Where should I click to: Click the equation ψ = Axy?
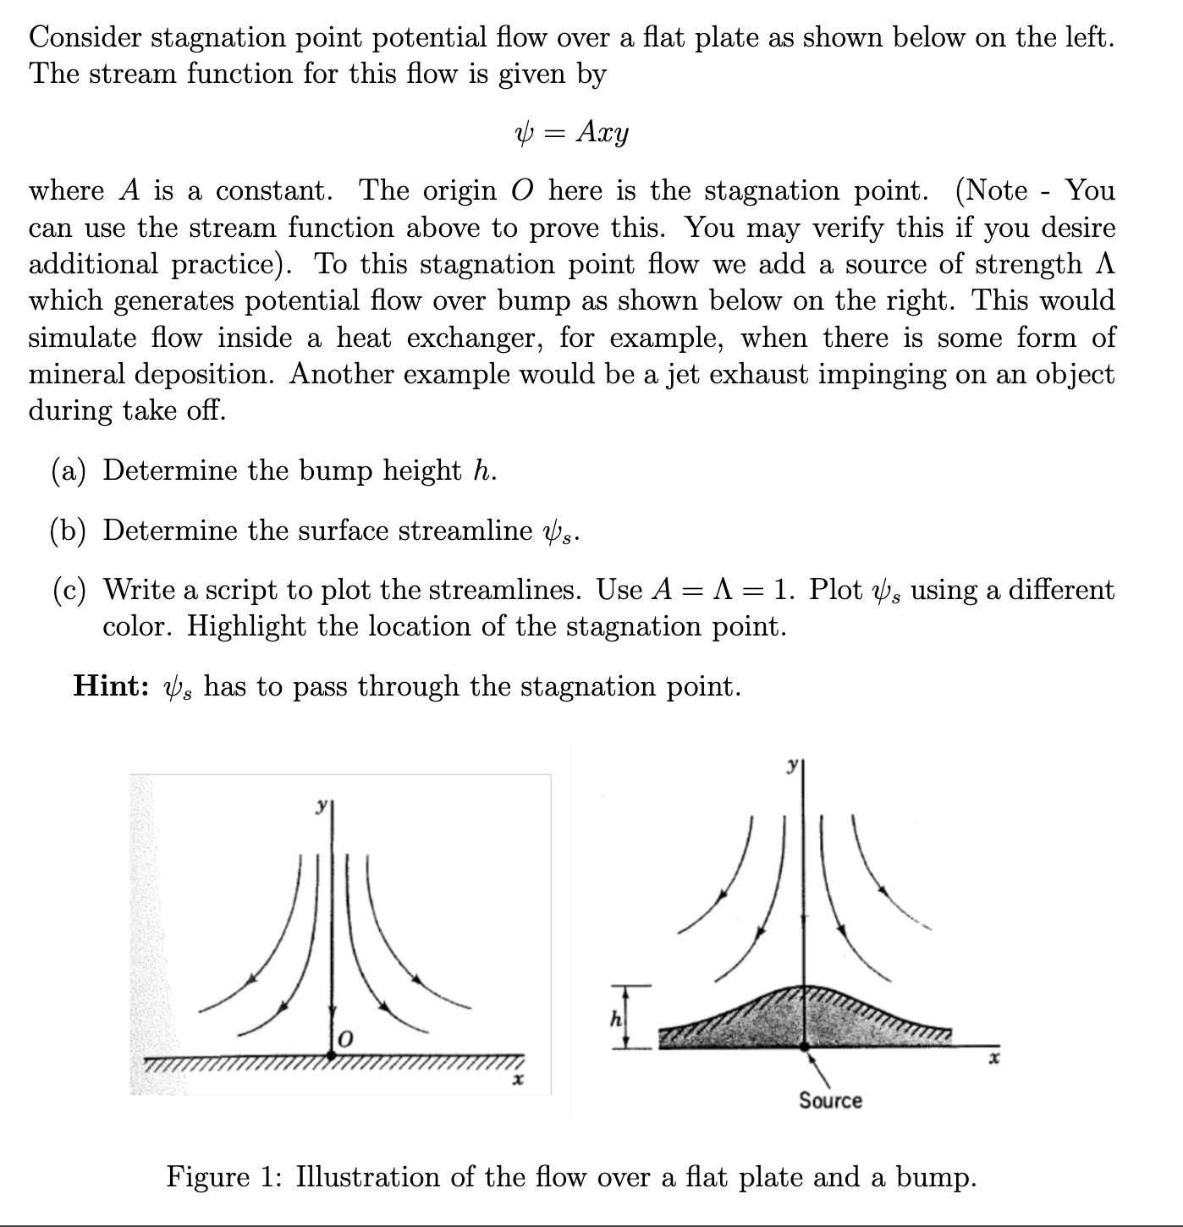coord(572,133)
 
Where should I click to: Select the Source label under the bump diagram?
coord(830,1100)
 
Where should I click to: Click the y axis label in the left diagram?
coord(321,807)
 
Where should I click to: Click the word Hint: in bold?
coord(111,685)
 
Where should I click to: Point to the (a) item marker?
coord(69,470)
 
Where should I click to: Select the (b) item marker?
coord(69,531)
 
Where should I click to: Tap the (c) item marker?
coord(69,590)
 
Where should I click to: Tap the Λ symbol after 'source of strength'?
coord(1103,264)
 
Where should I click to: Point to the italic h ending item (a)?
coord(483,470)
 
